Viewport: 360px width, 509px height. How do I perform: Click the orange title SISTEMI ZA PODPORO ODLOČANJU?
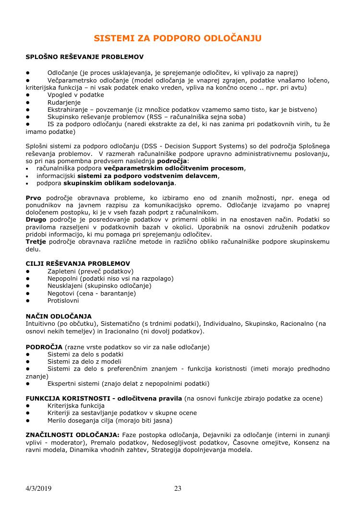(x=178, y=38)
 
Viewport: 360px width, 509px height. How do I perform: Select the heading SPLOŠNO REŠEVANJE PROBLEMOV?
(x=84, y=57)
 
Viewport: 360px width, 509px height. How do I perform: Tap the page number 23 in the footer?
(x=178, y=489)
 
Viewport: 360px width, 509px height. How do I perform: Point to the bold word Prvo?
(x=33, y=198)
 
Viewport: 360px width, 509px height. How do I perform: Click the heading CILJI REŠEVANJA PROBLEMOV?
(x=78, y=263)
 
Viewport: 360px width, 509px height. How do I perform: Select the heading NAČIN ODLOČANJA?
(x=59, y=316)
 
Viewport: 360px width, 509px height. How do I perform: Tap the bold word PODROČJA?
(x=44, y=346)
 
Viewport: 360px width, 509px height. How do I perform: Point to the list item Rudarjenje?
(x=64, y=102)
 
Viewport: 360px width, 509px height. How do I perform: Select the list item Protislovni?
(x=63, y=301)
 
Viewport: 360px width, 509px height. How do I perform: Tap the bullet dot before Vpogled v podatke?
(x=28, y=95)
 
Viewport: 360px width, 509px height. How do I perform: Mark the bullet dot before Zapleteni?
(x=28, y=271)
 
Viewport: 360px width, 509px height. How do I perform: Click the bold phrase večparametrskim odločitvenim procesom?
(x=174, y=168)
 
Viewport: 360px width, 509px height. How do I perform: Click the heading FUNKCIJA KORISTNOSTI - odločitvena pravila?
(x=104, y=398)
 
